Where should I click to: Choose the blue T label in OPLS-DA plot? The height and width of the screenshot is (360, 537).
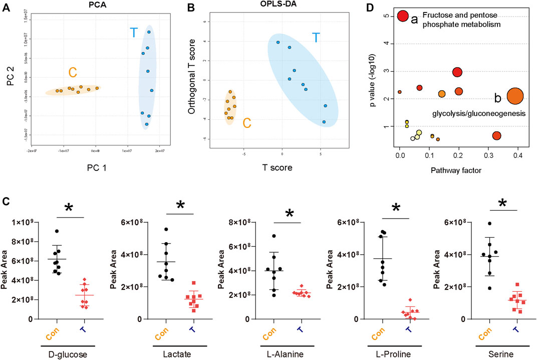pos(316,38)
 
